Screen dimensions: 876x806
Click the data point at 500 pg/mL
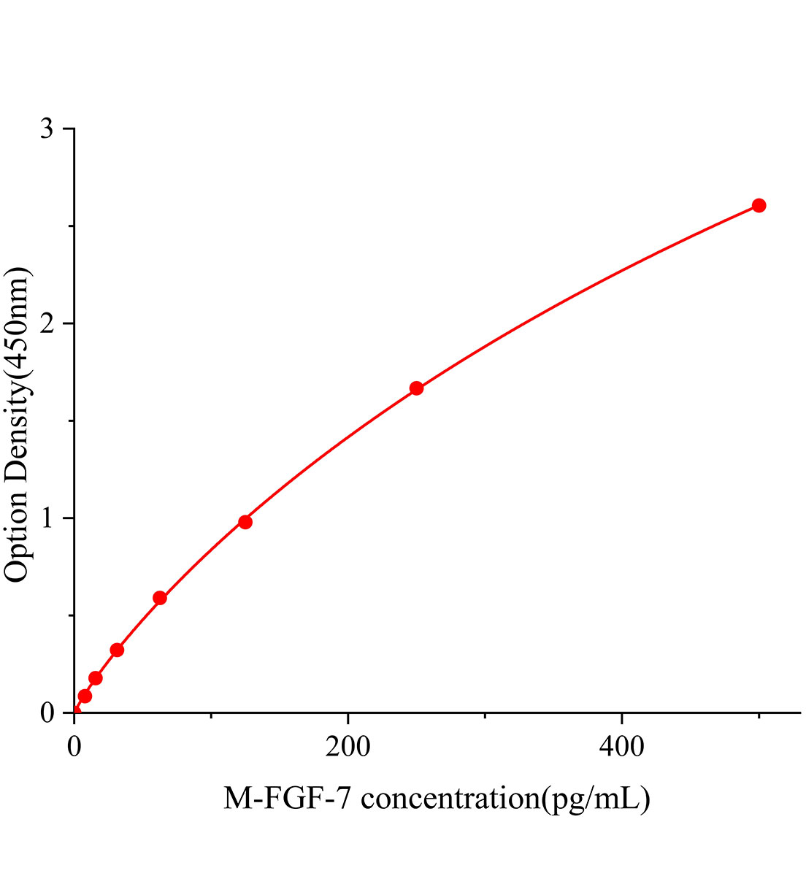759,205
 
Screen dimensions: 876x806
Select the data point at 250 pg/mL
416,388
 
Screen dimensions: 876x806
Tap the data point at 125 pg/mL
245,522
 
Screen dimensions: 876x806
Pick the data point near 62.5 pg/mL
160,598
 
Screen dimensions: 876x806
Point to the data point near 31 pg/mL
117,650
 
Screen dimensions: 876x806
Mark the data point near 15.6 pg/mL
96,678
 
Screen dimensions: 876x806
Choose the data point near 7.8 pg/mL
85,696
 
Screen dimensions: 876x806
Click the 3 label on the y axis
47,129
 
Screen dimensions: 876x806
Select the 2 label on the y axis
47,323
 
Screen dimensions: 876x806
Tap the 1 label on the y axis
47,518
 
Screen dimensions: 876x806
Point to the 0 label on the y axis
47,712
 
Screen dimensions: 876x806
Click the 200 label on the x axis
348,746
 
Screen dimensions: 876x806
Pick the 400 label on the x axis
621,746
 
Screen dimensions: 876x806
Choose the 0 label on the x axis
74,746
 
